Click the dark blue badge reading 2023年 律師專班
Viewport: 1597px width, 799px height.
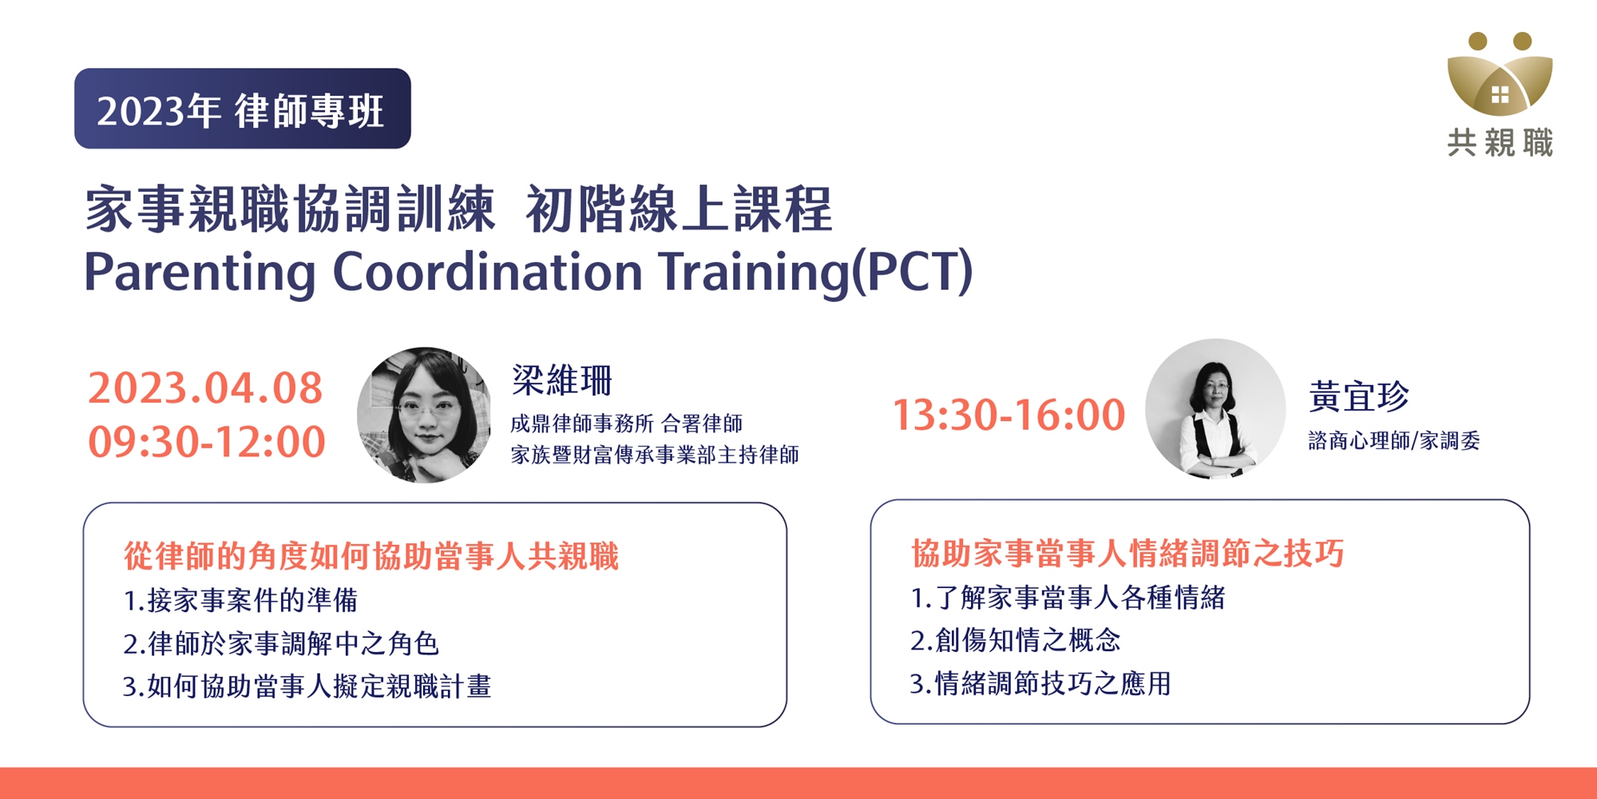pos(243,109)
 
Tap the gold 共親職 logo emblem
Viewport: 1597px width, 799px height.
pos(1500,74)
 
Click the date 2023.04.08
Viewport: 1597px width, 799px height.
pos(205,388)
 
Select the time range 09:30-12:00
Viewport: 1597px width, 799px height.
pos(207,442)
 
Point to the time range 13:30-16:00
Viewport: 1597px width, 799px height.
pos(1009,415)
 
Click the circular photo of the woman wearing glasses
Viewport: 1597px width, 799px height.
pos(425,415)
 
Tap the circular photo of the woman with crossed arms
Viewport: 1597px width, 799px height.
pos(1215,409)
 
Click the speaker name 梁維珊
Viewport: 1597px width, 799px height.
pos(562,380)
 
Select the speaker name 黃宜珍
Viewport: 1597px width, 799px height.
pos(1359,396)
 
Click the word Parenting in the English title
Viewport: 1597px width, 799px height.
pos(200,272)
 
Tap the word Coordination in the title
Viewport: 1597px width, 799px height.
pos(487,271)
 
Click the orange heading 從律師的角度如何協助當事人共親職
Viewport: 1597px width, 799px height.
pos(371,556)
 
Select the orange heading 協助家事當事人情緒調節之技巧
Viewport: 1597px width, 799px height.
pos(1127,553)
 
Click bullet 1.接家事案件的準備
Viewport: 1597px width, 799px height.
pos(240,600)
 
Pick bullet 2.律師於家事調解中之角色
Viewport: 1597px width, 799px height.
pos(281,643)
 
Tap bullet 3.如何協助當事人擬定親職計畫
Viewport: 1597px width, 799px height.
pos(307,686)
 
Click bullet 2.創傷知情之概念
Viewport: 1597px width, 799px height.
pos(1016,640)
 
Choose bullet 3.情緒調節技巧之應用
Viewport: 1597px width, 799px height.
pos(1040,683)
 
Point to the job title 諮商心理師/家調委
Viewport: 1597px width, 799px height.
pos(1394,440)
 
